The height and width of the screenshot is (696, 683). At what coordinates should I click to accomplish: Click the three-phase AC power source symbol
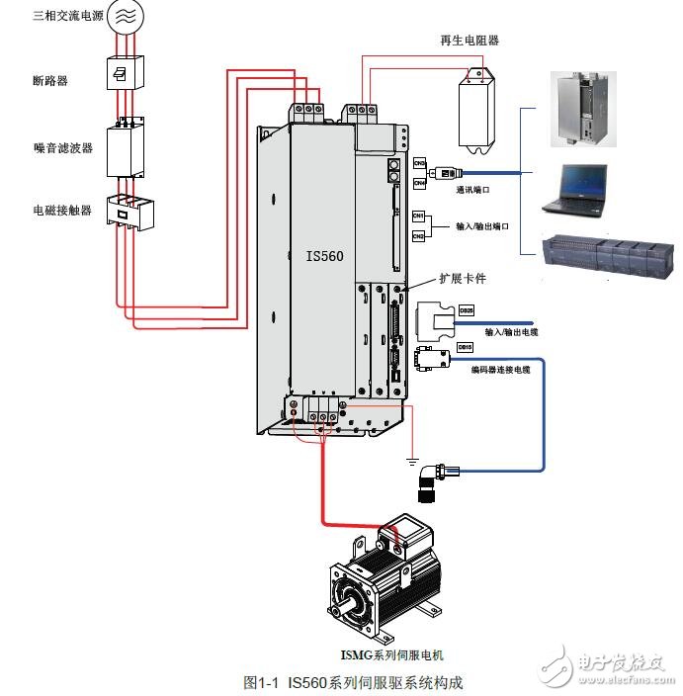pyautogui.click(x=125, y=17)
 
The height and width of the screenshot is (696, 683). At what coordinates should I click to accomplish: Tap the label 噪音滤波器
pyautogui.click(x=62, y=147)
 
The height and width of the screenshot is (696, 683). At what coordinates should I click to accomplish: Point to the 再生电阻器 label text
pyautogui.click(x=470, y=41)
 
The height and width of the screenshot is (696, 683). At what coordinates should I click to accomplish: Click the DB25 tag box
pyautogui.click(x=467, y=309)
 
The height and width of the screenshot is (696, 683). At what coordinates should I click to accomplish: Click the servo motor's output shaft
pyautogui.click(x=346, y=597)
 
